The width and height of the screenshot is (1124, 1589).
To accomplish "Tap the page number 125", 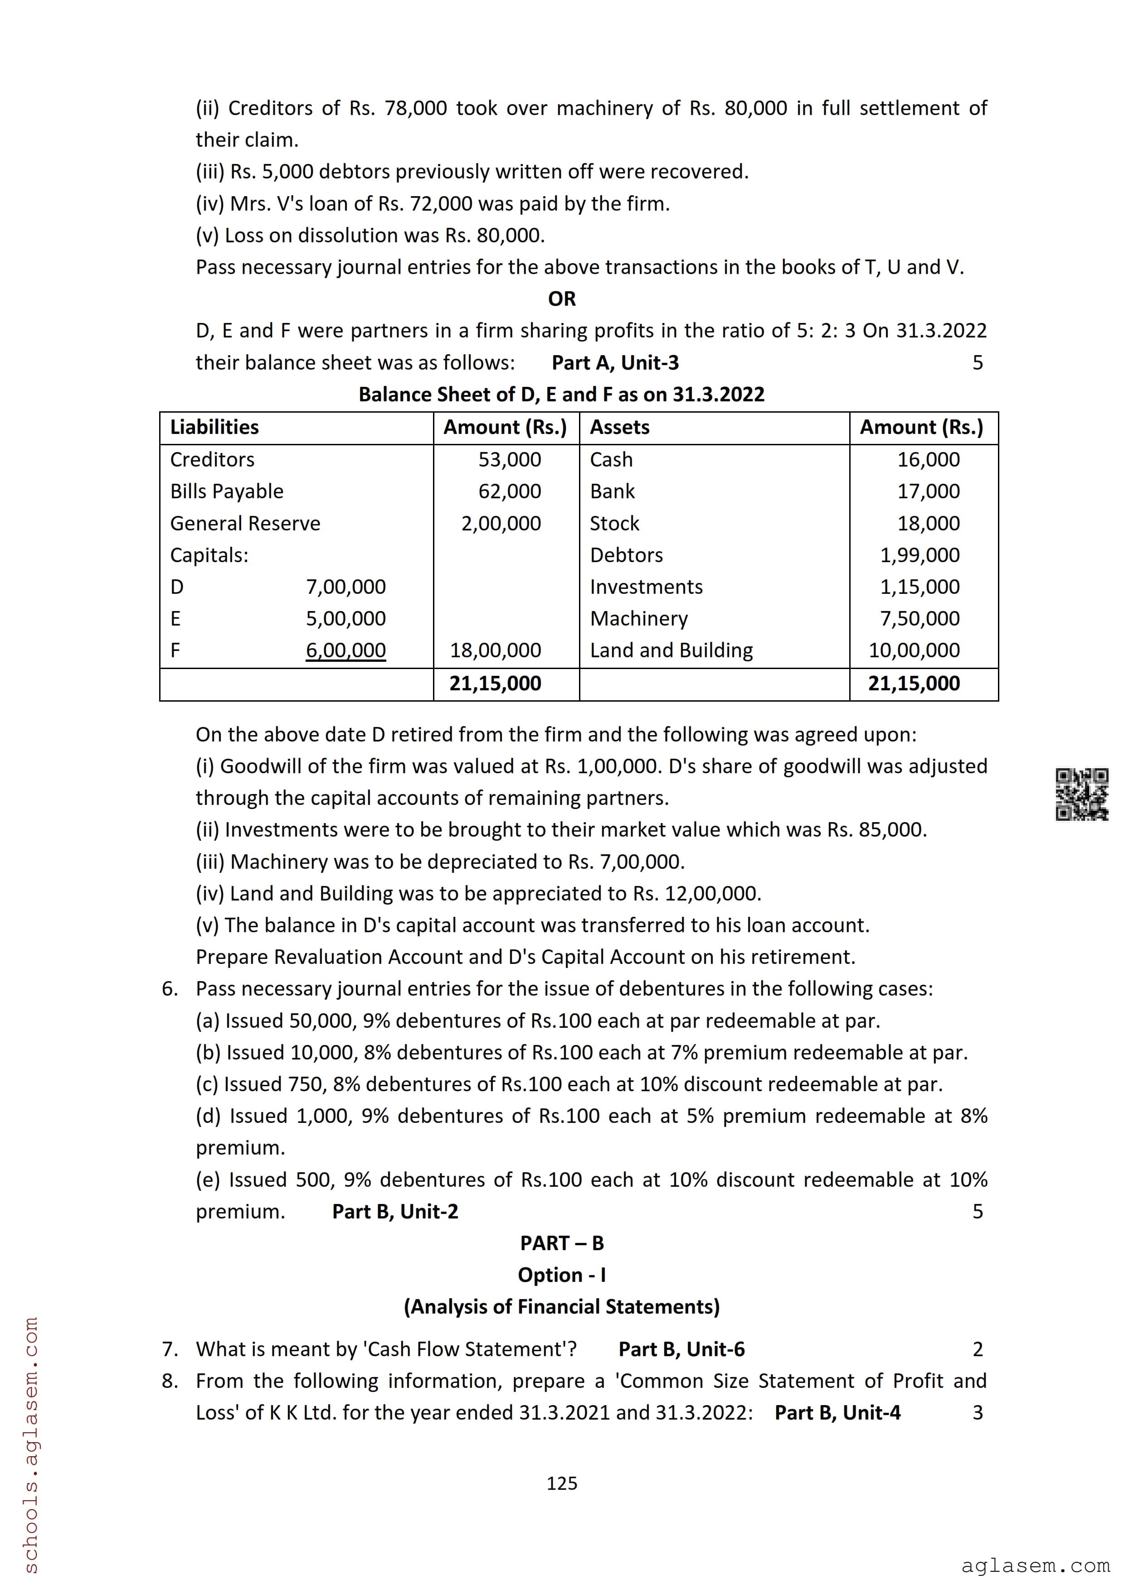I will tap(562, 1483).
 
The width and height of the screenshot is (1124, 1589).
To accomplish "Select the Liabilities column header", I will tap(214, 427).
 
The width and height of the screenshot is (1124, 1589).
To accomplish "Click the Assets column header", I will tap(620, 427).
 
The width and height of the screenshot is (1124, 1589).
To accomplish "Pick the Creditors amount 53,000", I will tap(510, 460).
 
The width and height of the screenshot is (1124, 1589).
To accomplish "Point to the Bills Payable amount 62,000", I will tap(510, 491).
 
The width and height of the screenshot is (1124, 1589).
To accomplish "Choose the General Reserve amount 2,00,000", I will tap(501, 523).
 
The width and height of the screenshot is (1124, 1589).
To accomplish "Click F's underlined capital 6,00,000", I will tap(345, 650).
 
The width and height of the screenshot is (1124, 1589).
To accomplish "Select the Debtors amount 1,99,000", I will tap(920, 555).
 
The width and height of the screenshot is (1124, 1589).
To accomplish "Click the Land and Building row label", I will tap(671, 650).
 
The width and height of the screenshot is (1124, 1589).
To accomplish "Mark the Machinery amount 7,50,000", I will tap(920, 618).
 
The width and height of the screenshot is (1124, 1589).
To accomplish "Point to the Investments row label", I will tap(646, 587).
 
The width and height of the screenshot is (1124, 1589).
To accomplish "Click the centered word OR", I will tap(562, 299).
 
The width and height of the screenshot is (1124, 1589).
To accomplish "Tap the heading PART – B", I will tap(562, 1243).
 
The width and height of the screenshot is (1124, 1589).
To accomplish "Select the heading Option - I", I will tap(562, 1275).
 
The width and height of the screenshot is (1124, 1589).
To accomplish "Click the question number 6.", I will tap(170, 988).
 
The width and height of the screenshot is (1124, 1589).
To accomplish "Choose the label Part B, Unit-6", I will tap(681, 1349).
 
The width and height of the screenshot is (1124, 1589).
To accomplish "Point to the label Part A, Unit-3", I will tap(615, 363).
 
